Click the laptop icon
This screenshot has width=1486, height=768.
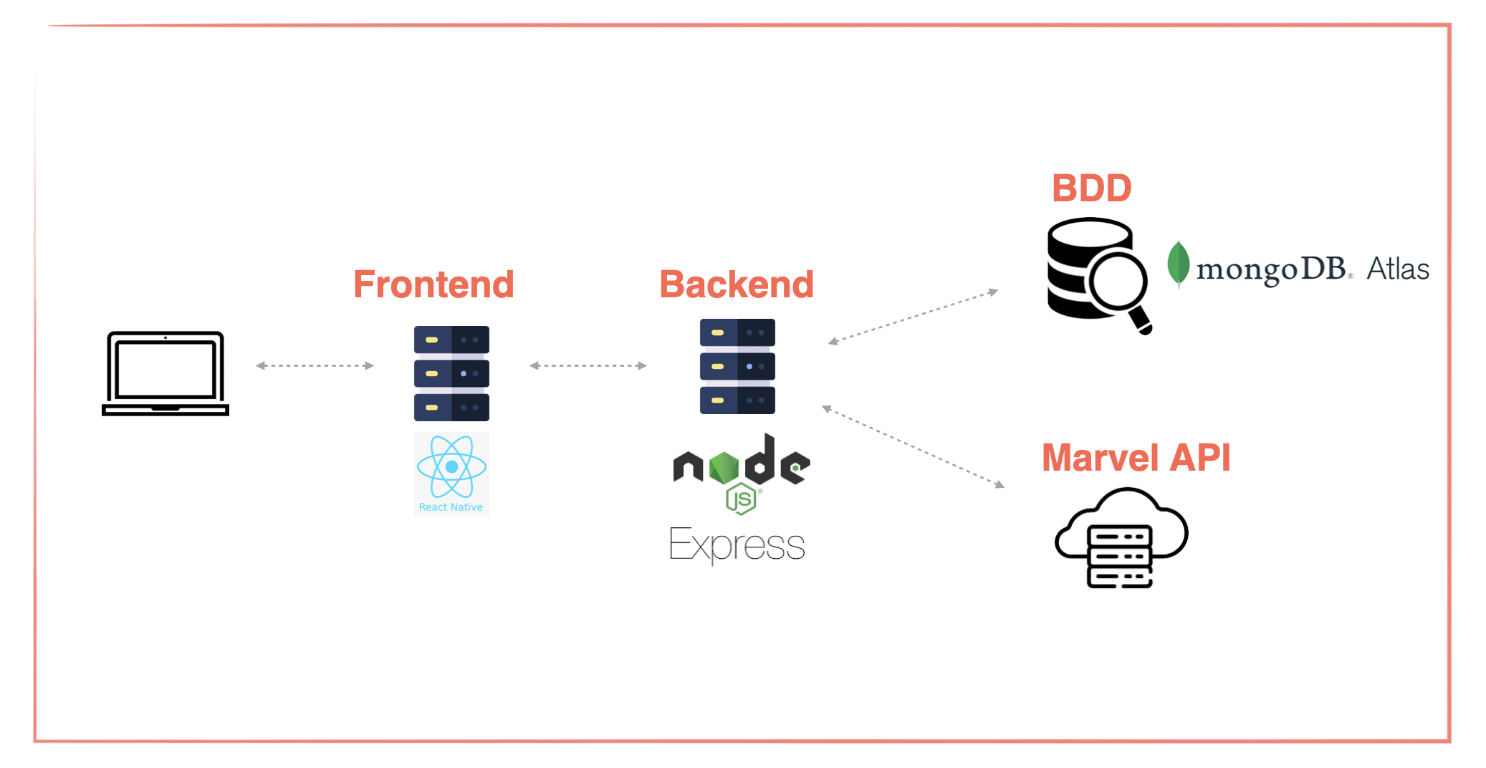tap(166, 373)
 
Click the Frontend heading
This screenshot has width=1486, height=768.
tap(433, 284)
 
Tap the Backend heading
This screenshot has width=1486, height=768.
tap(737, 284)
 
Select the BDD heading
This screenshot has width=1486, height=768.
tap(1091, 188)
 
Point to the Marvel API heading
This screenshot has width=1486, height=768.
tap(1136, 458)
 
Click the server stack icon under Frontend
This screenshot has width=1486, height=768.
tap(451, 373)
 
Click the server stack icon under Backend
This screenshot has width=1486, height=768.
tap(737, 366)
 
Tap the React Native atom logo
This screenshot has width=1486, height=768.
tap(451, 466)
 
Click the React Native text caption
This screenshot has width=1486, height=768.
tap(451, 507)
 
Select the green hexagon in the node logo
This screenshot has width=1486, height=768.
tap(724, 468)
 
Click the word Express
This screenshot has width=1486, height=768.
tap(737, 545)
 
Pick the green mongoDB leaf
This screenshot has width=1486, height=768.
tap(1178, 264)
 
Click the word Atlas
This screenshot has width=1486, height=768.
tap(1397, 269)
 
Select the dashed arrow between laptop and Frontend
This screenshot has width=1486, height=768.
tap(315, 365)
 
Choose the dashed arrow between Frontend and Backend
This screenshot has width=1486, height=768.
tap(588, 365)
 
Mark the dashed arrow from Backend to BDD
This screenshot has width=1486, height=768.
tap(913, 316)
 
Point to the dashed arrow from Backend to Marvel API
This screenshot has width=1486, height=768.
tap(913, 447)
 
